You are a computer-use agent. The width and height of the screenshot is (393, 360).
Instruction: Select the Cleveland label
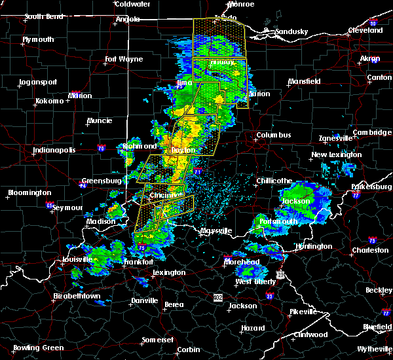pos(365,30)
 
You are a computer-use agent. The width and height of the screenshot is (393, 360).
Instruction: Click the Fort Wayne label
pos(124,60)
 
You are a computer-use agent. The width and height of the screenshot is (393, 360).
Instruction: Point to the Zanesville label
pos(335,138)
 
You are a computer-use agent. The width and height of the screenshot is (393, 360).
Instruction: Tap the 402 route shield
pos(217,297)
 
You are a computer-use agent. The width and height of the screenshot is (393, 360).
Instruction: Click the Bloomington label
pos(29,193)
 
